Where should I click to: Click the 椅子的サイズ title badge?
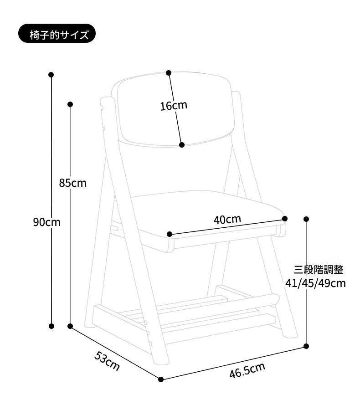57,33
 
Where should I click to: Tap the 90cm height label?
46,222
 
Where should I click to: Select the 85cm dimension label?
72,183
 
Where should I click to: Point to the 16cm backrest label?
174,105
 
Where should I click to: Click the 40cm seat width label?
227,220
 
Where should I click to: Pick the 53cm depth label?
107,361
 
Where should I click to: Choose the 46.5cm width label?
247,370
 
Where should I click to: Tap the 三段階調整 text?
319,270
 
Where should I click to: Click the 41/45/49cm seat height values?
315,283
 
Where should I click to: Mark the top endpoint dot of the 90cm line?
51,75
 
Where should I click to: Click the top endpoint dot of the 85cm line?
70,104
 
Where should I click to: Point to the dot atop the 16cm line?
169,73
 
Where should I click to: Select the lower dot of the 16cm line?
182,145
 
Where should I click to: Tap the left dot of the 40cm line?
170,234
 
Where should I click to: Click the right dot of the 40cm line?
285,219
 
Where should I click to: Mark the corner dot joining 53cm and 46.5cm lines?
161,379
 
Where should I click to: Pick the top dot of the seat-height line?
306,219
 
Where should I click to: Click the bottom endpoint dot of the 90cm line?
51,326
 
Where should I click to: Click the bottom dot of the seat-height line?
306,346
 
